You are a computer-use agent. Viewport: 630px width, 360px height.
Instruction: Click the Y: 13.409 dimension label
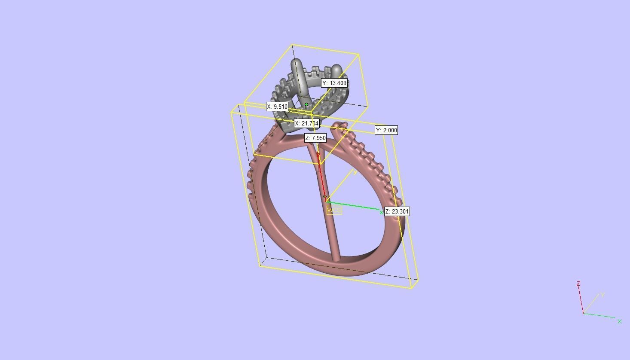(x=334, y=83)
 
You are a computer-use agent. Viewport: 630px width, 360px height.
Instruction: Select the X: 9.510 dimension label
(x=277, y=107)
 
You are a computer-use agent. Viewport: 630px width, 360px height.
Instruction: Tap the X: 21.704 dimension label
(x=307, y=123)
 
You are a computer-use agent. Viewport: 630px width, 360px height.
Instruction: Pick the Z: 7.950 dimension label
(x=315, y=138)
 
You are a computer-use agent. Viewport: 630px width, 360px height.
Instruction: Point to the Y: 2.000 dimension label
(x=386, y=130)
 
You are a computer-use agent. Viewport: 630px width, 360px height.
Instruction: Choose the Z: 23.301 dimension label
(x=397, y=211)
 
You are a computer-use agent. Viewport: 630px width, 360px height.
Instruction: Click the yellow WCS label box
(x=334, y=210)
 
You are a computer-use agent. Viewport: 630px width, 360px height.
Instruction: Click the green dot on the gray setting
(x=306, y=104)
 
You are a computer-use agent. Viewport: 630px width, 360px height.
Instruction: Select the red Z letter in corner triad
(x=578, y=284)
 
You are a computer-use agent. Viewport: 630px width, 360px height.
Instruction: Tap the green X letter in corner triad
(x=620, y=321)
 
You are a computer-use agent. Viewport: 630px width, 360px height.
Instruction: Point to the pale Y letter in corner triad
(x=603, y=295)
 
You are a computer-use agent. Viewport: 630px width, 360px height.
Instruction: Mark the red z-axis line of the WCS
(x=321, y=176)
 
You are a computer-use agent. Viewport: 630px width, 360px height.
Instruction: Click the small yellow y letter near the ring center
(x=355, y=172)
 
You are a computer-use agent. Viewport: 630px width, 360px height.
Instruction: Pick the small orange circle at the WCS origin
(x=325, y=196)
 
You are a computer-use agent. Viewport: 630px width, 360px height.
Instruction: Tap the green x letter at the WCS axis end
(x=381, y=212)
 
